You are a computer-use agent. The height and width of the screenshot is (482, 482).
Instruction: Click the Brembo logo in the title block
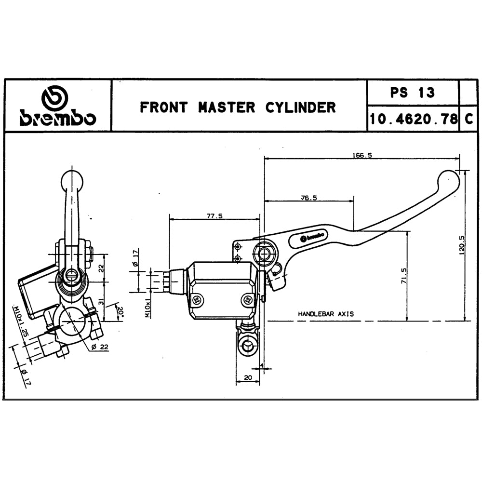tap(57, 106)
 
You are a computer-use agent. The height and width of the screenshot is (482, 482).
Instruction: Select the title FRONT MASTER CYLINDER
tap(238, 107)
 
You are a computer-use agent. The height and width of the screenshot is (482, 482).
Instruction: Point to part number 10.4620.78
tap(413, 119)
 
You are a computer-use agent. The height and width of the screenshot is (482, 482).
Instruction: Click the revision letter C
tap(469, 119)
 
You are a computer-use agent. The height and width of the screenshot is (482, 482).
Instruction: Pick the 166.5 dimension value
tap(362, 155)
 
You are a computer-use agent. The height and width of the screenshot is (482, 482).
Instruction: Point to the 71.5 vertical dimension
tap(403, 276)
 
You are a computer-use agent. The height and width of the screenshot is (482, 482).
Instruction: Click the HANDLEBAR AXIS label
tap(325, 314)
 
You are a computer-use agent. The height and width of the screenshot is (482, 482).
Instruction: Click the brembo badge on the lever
tap(312, 237)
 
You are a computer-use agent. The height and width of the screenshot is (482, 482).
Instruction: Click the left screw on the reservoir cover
tap(197, 300)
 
